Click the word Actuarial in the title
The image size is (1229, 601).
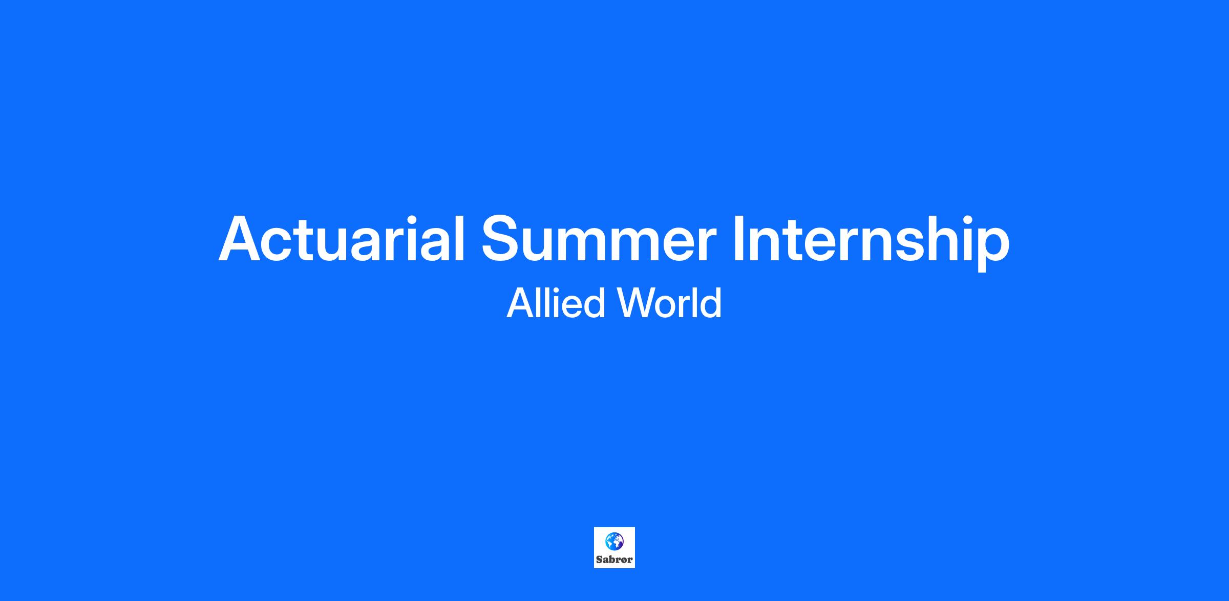point(342,239)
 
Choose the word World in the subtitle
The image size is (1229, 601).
point(670,303)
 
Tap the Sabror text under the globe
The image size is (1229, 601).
point(614,559)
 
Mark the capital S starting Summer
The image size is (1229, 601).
point(502,239)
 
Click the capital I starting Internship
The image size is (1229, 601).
point(739,239)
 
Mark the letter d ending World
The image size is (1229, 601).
point(710,303)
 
